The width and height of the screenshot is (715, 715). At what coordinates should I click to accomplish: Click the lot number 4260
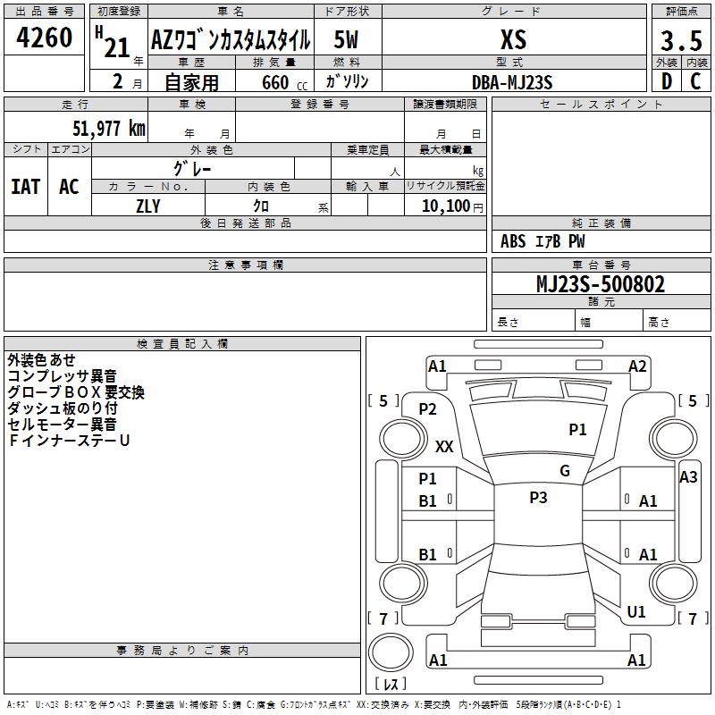(x=44, y=38)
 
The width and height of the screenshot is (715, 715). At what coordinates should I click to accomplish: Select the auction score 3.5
(x=681, y=40)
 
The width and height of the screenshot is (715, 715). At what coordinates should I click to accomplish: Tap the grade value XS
(x=514, y=39)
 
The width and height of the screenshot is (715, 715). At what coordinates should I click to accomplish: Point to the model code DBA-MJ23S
(x=512, y=82)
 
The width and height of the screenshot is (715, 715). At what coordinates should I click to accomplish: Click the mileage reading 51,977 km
(x=109, y=128)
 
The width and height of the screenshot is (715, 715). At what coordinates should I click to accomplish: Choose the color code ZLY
(x=148, y=206)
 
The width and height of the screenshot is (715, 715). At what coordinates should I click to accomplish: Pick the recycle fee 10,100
(x=446, y=206)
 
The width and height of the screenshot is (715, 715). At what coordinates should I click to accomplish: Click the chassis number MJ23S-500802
(x=601, y=283)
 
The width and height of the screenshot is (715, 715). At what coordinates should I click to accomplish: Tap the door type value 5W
(x=346, y=39)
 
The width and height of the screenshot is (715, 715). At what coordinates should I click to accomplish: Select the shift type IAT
(x=26, y=187)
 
